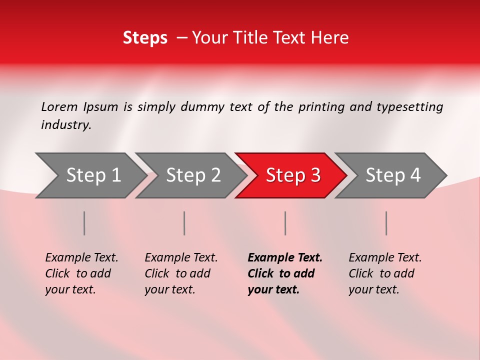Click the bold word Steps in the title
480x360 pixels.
145,38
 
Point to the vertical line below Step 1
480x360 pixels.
84,223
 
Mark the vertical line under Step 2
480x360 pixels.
184,223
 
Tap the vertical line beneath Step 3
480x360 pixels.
285,223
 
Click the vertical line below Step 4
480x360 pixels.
386,223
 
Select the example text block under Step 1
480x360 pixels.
81,273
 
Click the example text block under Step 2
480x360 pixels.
181,273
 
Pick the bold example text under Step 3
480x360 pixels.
285,273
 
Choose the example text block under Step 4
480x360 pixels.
385,273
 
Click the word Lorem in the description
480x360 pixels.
59,107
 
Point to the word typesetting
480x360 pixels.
409,107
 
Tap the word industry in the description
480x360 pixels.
66,125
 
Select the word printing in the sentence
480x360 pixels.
321,107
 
